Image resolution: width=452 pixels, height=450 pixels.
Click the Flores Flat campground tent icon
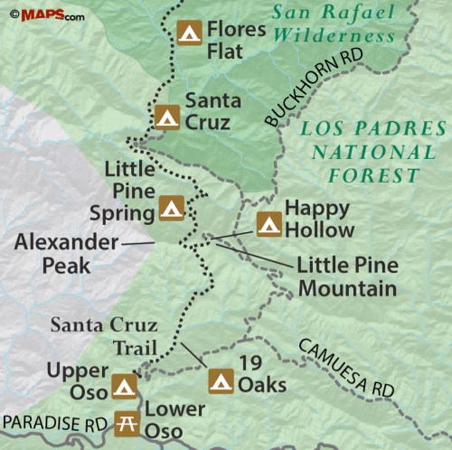tap(189, 33)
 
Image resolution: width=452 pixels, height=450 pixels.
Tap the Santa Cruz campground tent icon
tap(167, 117)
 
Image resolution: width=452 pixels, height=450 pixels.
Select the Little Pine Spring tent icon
tap(172, 209)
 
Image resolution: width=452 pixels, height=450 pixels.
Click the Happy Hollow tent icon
tap(268, 223)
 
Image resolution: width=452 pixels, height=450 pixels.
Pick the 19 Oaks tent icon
tap(220, 380)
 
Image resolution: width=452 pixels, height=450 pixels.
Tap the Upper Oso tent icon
tap(124, 388)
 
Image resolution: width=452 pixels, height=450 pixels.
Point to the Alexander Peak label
tap(64, 254)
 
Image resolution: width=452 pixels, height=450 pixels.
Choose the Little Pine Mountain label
tap(347, 277)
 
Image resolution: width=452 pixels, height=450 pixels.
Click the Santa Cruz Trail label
tap(103, 336)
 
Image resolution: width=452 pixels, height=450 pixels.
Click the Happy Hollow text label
tap(319, 219)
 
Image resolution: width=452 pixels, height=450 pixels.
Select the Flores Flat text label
tap(235, 38)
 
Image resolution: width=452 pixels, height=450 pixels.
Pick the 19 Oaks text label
tap(262, 375)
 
